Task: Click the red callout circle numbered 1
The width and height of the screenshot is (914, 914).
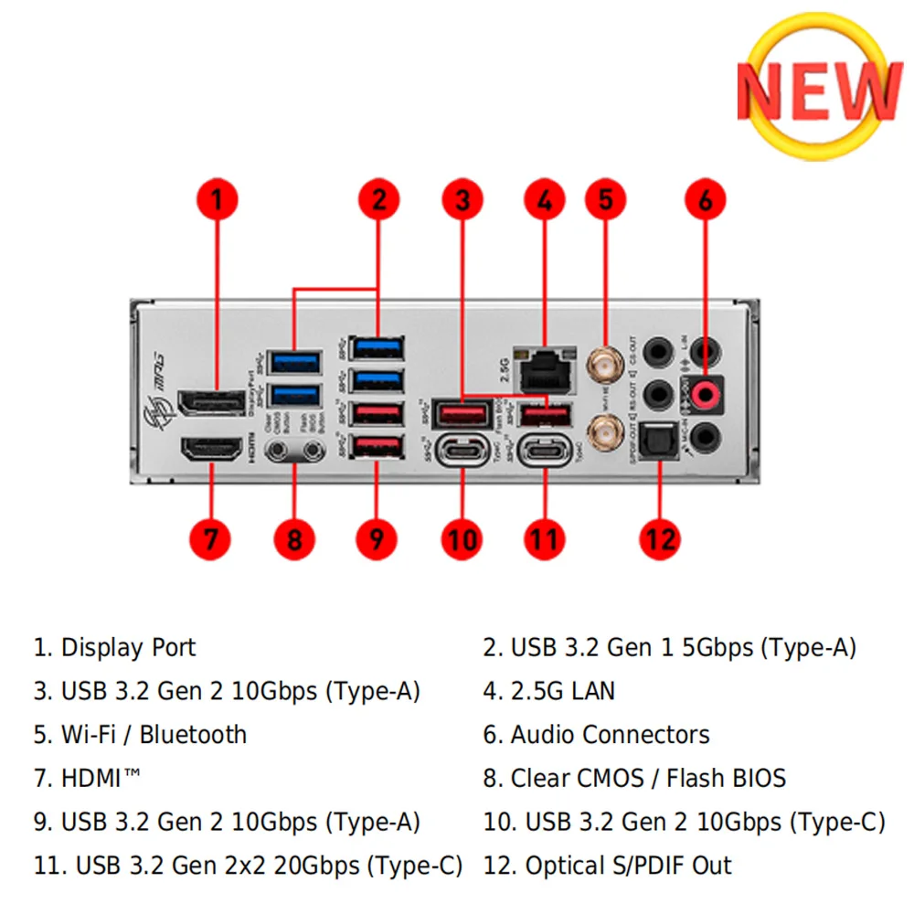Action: point(216,199)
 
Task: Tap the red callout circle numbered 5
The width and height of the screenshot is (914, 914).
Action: point(605,199)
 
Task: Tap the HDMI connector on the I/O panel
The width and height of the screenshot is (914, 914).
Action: point(210,451)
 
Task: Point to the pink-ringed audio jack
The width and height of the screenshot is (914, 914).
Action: point(704,391)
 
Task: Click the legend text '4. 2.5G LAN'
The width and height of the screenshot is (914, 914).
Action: point(549,691)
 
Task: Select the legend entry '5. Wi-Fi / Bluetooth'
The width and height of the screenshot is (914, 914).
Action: point(140,735)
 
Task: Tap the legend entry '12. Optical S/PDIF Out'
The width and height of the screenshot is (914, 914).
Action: point(607,866)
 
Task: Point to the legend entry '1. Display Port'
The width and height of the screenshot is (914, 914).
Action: point(114,648)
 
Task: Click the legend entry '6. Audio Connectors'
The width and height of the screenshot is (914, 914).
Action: point(596,735)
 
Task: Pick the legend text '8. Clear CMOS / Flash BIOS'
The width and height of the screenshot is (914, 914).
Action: point(634,778)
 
